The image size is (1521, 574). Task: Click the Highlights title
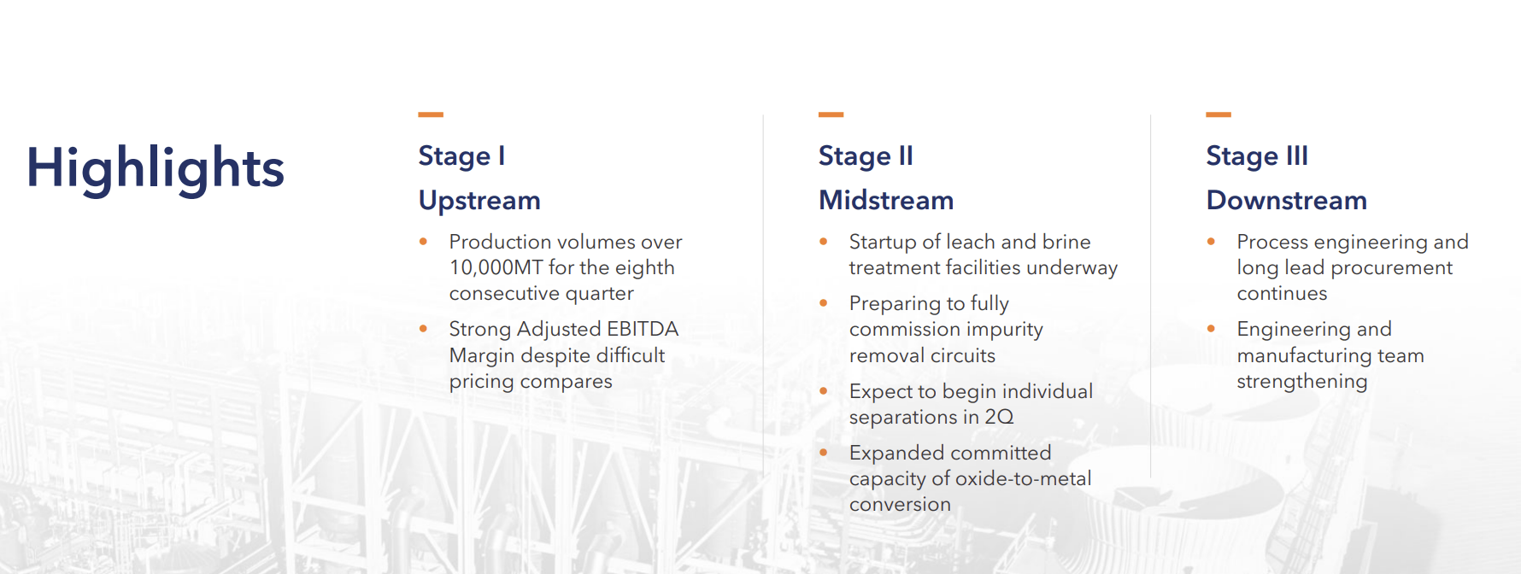click(155, 167)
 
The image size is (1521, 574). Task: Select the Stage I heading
click(461, 156)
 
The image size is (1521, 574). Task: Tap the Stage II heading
click(866, 156)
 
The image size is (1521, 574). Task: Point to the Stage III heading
click(1257, 156)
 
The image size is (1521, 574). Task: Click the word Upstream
click(479, 201)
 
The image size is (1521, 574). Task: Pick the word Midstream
click(886, 200)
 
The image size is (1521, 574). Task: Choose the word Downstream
click(1287, 200)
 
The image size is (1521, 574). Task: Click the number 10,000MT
click(496, 268)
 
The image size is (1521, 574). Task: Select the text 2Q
click(999, 417)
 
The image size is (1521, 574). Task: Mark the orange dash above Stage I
click(431, 114)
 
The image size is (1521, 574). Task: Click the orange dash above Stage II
click(831, 114)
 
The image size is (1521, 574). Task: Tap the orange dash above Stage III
click(1219, 114)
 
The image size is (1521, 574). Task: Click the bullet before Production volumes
click(423, 242)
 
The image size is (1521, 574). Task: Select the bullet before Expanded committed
click(823, 453)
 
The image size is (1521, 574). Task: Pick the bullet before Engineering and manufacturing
click(1211, 329)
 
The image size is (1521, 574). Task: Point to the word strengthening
click(1302, 382)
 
